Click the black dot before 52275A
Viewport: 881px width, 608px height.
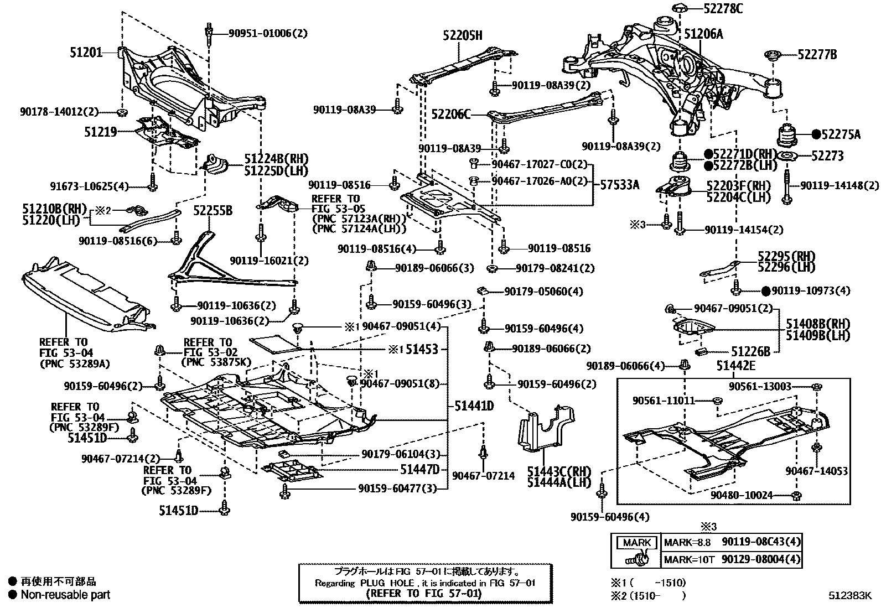816,134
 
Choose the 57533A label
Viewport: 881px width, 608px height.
620,184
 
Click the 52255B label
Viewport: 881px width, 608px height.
213,211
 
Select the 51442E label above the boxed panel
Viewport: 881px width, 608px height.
735,366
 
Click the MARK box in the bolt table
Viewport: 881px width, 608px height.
636,543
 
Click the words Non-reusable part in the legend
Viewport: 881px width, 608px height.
65,595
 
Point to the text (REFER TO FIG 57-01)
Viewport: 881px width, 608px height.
423,593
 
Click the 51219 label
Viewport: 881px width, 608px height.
100,132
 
